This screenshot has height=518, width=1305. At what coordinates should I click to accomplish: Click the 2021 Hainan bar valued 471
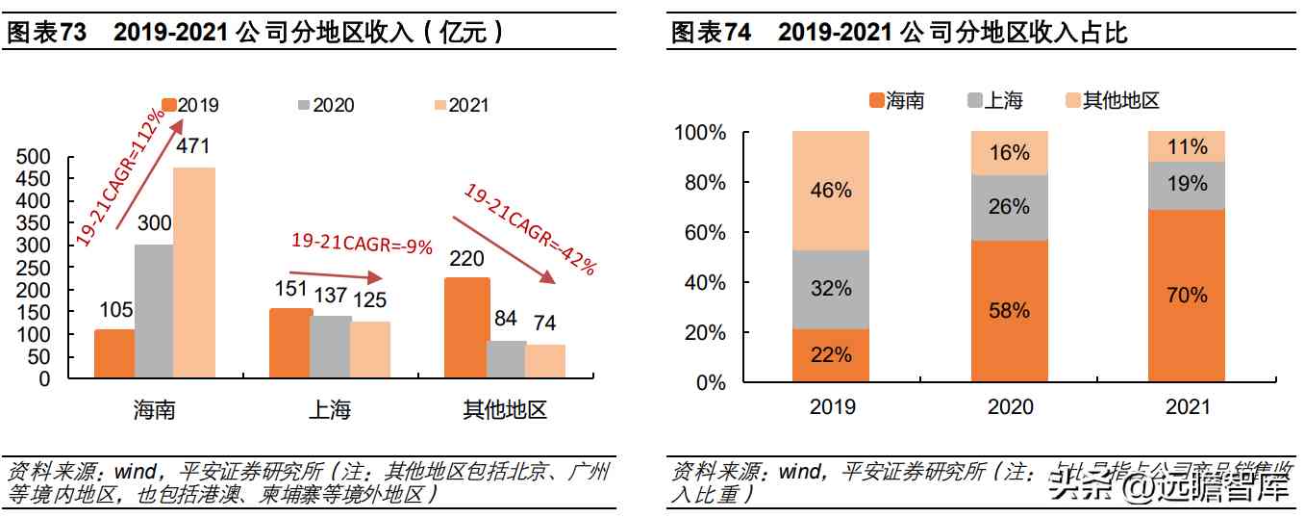(x=194, y=272)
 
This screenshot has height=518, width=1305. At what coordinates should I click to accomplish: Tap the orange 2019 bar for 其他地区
(x=465, y=327)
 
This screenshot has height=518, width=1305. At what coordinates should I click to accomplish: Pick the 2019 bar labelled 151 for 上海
(x=290, y=343)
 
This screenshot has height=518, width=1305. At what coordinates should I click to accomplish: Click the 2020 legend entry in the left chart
(x=326, y=105)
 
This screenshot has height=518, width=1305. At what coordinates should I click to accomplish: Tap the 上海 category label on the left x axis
(x=330, y=410)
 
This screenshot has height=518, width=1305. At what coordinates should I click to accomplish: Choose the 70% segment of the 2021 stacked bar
(x=1187, y=296)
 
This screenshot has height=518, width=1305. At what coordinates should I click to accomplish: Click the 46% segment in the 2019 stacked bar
(x=831, y=191)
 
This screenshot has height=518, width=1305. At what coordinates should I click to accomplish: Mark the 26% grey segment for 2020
(x=1009, y=207)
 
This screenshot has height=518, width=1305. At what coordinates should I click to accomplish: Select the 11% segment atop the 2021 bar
(x=1187, y=146)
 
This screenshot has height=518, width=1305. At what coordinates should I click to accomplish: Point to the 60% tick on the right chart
(x=706, y=233)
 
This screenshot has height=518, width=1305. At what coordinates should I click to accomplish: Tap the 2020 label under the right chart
(x=1010, y=407)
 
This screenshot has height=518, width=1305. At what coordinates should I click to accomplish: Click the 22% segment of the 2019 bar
(x=831, y=355)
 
